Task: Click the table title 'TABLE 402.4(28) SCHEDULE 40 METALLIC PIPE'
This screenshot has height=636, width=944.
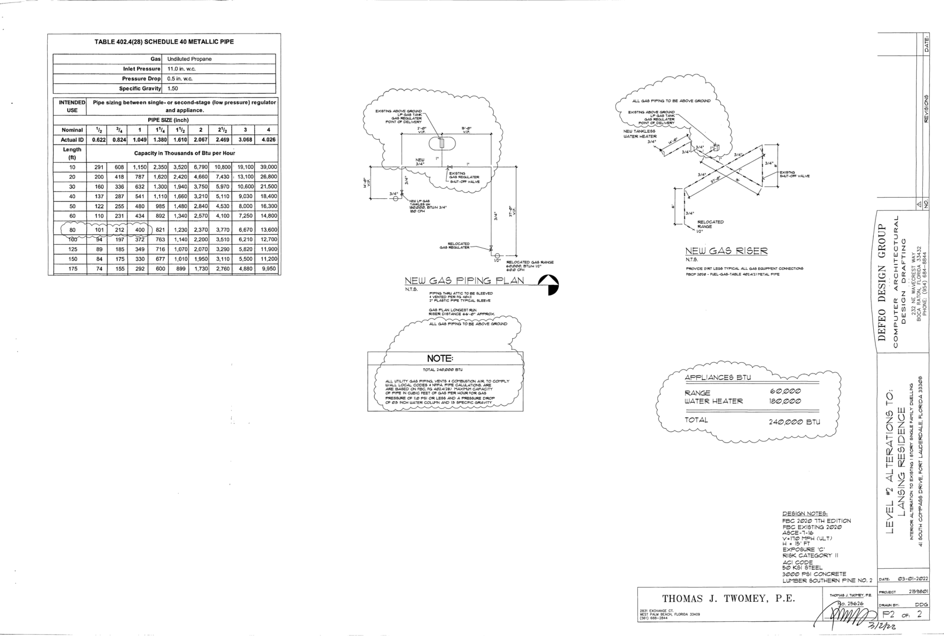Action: point(164,42)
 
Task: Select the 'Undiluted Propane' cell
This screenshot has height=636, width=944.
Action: point(189,59)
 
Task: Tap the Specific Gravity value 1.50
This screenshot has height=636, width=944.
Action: point(173,88)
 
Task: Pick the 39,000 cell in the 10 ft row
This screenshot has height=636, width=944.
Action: point(268,167)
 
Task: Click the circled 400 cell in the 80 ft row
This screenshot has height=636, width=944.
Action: point(139,230)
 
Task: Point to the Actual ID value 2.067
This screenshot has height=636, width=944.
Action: point(201,140)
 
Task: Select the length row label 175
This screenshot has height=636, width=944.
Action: point(73,268)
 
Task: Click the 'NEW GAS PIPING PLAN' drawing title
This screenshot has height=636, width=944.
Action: point(464,281)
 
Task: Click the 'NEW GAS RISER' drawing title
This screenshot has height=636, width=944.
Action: point(726,251)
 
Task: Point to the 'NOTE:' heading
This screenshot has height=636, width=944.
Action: point(440,359)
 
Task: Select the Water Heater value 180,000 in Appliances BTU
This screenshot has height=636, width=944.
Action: point(785,401)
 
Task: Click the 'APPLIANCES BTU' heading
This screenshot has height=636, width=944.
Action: point(717,378)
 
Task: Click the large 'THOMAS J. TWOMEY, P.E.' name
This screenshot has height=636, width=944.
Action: point(729,599)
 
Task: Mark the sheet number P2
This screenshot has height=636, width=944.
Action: point(889,614)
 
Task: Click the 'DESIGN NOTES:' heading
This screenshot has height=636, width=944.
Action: point(805,513)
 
